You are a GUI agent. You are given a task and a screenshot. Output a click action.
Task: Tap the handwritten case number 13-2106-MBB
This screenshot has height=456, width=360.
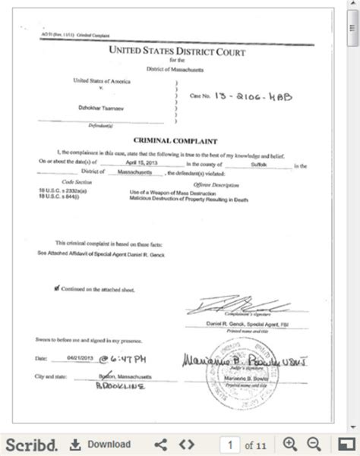coord(254,97)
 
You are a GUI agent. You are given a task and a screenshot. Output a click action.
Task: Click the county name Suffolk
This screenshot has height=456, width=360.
coord(259,163)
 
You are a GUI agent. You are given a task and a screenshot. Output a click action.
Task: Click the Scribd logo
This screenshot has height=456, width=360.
coord(30,443)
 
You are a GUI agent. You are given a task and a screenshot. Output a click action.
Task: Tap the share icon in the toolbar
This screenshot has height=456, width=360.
coord(160,444)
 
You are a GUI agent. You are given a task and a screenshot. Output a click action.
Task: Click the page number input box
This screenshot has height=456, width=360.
coord(229,444)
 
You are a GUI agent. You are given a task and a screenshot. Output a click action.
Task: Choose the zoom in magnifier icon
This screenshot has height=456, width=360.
coord(289,444)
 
